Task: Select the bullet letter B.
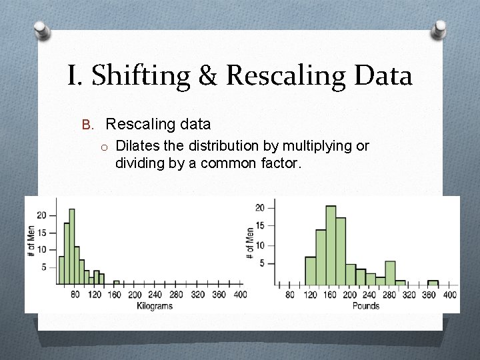coord(86,125)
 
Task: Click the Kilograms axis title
coord(154,306)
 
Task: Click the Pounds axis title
coord(365,306)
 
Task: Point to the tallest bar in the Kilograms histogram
coord(71,247)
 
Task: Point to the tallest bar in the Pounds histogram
coord(331,245)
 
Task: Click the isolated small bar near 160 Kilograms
coord(117,283)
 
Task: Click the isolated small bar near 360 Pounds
coord(433,283)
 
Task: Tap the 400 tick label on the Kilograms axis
coord(240,295)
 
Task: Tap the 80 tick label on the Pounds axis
coord(290,295)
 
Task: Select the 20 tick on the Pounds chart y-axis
coord(261,208)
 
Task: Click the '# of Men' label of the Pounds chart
coord(249,242)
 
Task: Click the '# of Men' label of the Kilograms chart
coord(31,242)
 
